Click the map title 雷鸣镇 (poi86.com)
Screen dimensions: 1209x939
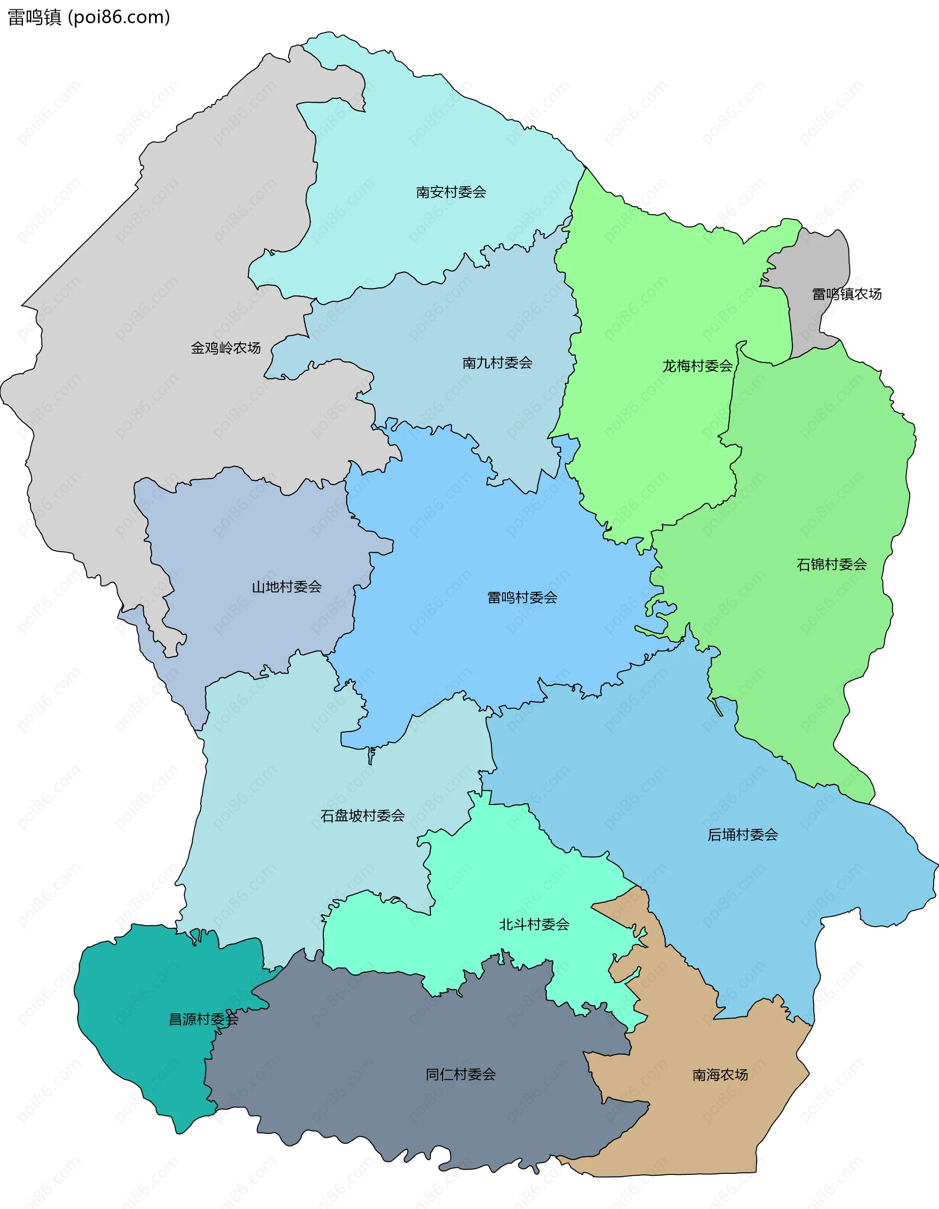point(89,18)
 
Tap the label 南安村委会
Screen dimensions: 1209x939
point(451,192)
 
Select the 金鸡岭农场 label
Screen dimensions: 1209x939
point(225,348)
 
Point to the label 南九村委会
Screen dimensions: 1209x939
point(497,362)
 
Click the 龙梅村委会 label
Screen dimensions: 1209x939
point(697,366)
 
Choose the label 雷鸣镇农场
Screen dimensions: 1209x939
point(847,294)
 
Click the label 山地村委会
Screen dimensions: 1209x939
point(286,587)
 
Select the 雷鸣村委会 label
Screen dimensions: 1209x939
point(522,597)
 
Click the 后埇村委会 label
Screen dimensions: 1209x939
point(742,834)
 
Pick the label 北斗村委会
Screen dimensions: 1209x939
point(534,924)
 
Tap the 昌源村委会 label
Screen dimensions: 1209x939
point(203,1019)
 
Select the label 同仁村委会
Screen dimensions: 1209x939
point(460,1075)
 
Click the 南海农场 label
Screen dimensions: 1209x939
point(720,1075)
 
